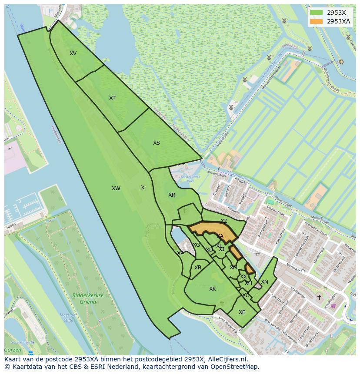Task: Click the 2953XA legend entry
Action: (x=338, y=21)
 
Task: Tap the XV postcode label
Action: (x=73, y=53)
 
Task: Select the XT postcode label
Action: (x=112, y=98)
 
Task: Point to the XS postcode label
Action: (x=157, y=143)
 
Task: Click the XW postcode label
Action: (x=116, y=189)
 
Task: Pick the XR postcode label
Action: (x=172, y=195)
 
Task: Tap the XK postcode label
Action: (x=213, y=289)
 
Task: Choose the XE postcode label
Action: (x=242, y=312)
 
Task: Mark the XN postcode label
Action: (x=264, y=282)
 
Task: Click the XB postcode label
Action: (x=198, y=268)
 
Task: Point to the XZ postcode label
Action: (x=224, y=221)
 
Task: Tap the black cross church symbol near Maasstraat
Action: (x=319, y=298)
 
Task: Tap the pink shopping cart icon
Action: (x=333, y=306)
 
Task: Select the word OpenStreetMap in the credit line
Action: (x=235, y=367)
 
